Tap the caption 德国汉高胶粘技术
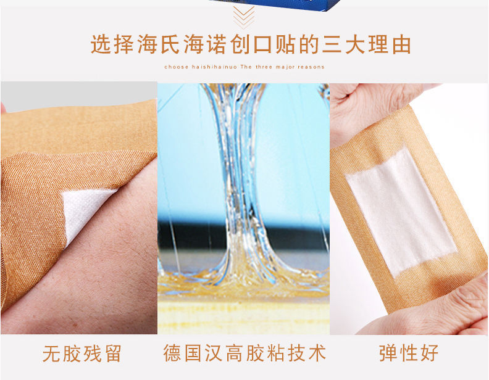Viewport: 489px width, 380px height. click(244, 353)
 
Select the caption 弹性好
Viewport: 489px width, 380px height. click(409, 353)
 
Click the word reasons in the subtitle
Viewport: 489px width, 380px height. click(311, 67)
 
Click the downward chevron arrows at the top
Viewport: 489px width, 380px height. click(244, 15)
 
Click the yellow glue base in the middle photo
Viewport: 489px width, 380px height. click(243, 308)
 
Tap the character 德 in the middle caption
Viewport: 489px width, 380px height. click(172, 353)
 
